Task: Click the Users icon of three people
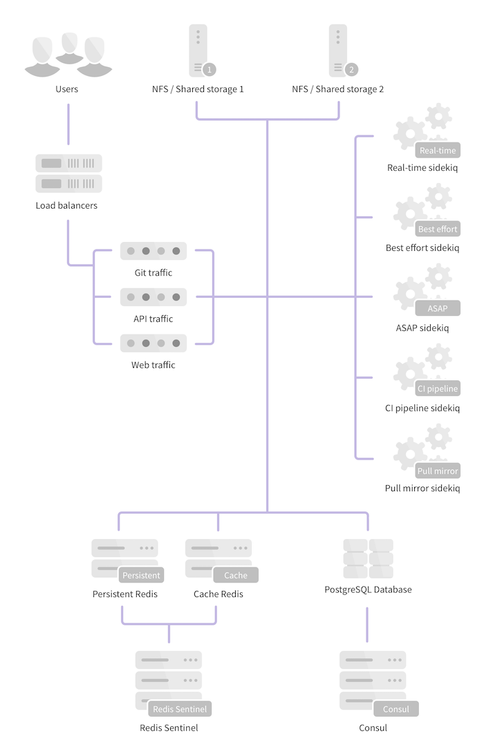(x=68, y=55)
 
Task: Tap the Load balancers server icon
(x=68, y=173)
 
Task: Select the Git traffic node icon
(x=153, y=251)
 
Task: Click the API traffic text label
(x=153, y=319)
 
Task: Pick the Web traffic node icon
(x=153, y=343)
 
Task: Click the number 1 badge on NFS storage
(x=210, y=69)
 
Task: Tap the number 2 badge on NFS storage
(x=351, y=69)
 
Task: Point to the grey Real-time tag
(x=438, y=151)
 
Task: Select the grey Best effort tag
(x=438, y=229)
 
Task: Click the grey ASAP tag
(x=438, y=308)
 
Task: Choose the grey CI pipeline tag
(x=438, y=388)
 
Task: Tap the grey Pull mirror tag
(x=438, y=471)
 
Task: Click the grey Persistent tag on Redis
(x=141, y=575)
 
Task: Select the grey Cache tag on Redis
(x=236, y=575)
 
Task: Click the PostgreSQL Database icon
(x=368, y=559)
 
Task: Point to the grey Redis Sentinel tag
(x=178, y=709)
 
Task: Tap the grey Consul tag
(x=396, y=709)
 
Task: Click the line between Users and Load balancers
(x=68, y=124)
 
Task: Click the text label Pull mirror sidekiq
(x=422, y=488)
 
